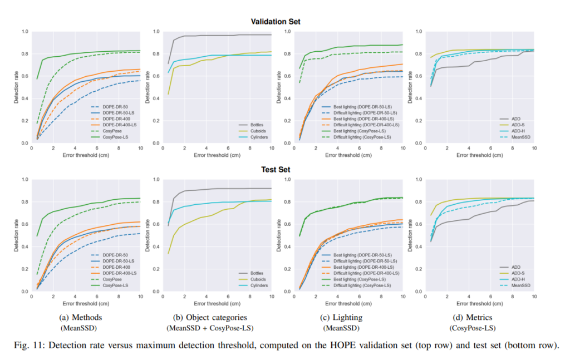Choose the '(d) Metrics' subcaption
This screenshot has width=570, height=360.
pyautogui.click(x=474, y=318)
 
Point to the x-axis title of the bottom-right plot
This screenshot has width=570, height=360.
pyautogui.click(x=480, y=304)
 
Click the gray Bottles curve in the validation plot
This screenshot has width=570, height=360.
pyautogui.click(x=223, y=36)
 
